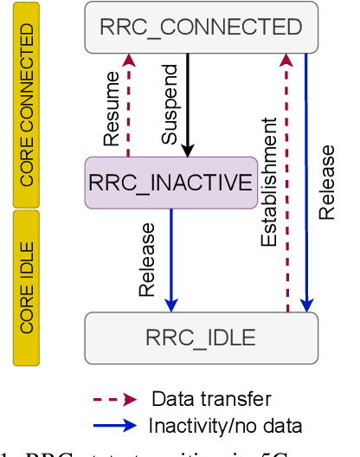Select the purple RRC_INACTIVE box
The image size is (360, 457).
coord(170,183)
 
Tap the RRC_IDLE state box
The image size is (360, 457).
coord(201,338)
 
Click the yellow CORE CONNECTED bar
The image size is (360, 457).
coord(28,106)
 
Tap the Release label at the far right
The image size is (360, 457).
coord(326,182)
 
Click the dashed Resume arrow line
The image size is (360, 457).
coord(129,108)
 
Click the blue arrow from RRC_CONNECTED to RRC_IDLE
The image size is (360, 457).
coord(306,182)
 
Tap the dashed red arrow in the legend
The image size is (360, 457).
coord(115,399)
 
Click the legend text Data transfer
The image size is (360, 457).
coord(211,399)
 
